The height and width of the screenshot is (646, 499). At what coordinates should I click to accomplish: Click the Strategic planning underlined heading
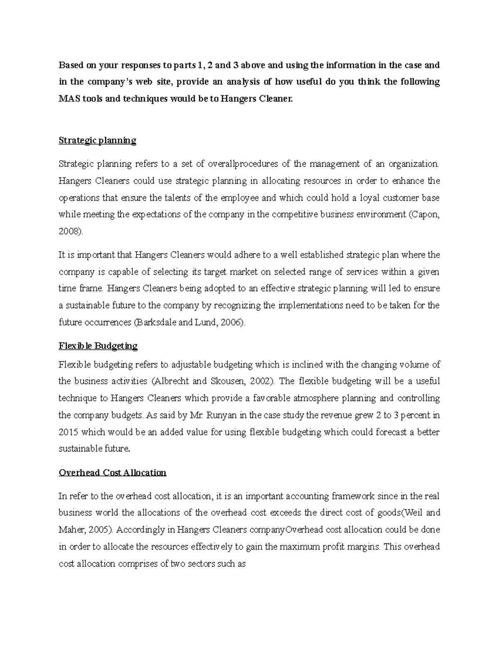(x=97, y=141)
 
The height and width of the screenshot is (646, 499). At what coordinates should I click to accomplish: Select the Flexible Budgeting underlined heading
(x=98, y=346)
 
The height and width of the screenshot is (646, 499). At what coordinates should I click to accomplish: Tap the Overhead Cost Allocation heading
(x=112, y=473)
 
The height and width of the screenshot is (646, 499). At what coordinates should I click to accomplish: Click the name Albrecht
(x=171, y=381)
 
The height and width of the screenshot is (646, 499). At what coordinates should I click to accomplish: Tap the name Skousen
(x=223, y=381)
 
